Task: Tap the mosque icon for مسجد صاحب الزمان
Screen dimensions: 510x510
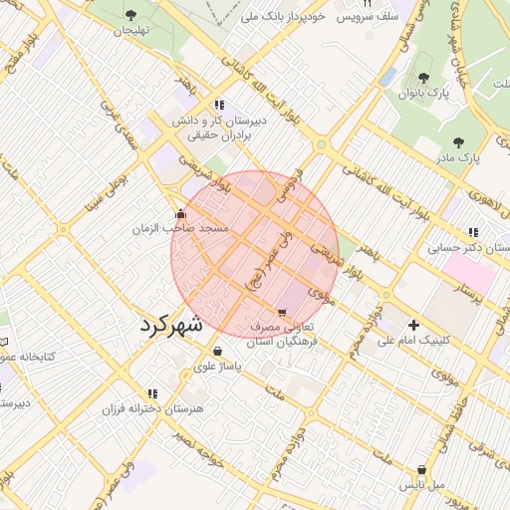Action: click(180, 213)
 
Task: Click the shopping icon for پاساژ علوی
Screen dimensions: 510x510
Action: click(218, 351)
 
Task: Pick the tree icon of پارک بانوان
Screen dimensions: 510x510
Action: click(423, 78)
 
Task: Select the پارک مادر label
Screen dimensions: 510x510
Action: click(458, 157)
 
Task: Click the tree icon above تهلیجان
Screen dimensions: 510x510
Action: click(131, 15)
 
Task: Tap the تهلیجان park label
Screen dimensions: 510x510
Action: click(129, 31)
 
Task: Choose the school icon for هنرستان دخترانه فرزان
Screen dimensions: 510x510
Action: click(152, 393)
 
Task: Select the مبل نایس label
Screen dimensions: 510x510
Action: click(422, 485)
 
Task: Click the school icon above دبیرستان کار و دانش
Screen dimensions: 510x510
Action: click(218, 104)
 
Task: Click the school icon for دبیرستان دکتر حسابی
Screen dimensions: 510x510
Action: click(473, 231)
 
